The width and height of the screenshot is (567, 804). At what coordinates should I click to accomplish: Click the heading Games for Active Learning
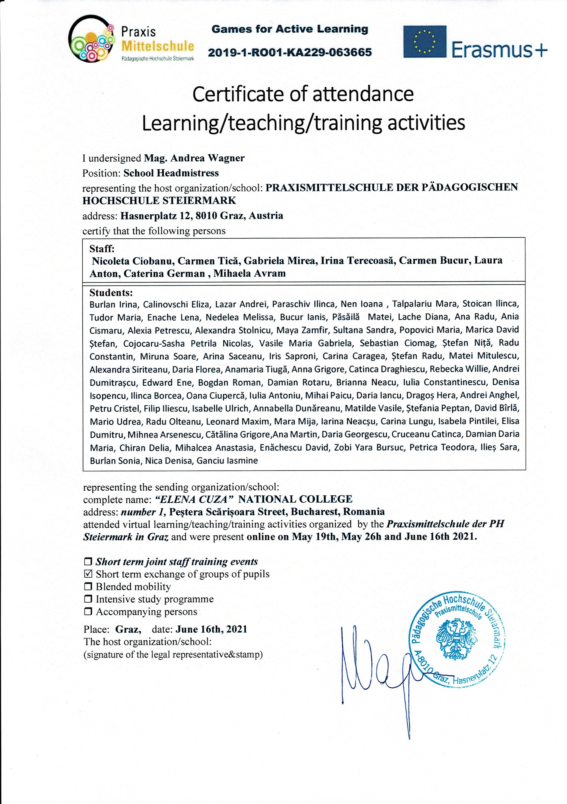pyautogui.click(x=290, y=29)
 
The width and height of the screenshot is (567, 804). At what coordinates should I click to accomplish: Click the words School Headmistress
pyautogui.click(x=171, y=173)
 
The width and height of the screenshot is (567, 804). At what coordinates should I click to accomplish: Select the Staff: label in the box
pyautogui.click(x=102, y=249)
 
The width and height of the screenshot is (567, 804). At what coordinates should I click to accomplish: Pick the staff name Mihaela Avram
pyautogui.click(x=249, y=273)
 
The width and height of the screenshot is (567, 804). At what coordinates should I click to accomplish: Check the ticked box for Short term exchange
pyautogui.click(x=88, y=574)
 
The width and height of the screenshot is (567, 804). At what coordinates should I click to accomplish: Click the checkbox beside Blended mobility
pyautogui.click(x=88, y=587)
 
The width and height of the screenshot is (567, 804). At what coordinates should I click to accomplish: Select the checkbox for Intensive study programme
pyautogui.click(x=88, y=600)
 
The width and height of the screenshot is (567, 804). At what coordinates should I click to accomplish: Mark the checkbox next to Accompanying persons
pyautogui.click(x=88, y=612)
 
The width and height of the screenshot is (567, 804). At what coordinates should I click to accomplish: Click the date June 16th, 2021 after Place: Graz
pyautogui.click(x=212, y=629)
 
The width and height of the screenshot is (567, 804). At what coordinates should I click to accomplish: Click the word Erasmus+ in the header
pyautogui.click(x=499, y=50)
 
